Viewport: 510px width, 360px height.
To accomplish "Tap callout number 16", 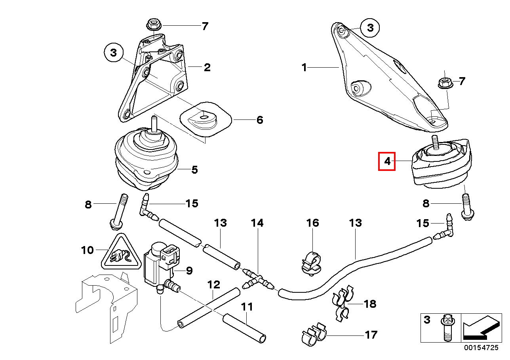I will click(x=312, y=223).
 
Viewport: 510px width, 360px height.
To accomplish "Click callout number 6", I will click(x=259, y=119).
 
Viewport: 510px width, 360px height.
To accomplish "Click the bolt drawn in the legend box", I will click(x=447, y=328).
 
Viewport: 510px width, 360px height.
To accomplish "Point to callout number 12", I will click(x=213, y=284).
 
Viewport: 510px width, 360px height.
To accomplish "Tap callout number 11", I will click(x=247, y=307).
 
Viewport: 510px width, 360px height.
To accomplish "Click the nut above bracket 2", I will click(x=152, y=25).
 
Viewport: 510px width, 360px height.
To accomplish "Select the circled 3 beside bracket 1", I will click(x=370, y=28).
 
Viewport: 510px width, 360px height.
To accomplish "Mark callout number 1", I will click(x=304, y=68).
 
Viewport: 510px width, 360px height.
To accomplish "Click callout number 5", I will click(x=194, y=170).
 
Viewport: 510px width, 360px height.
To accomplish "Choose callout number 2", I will click(x=207, y=67).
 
